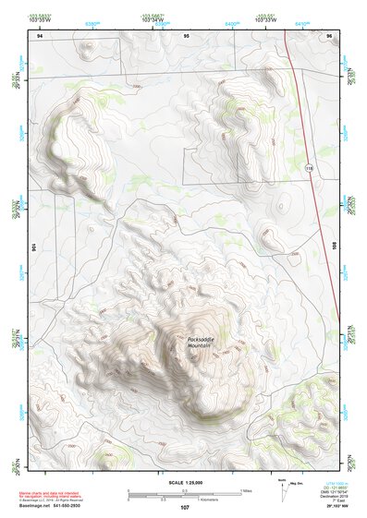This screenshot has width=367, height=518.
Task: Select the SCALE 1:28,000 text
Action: (x=184, y=484)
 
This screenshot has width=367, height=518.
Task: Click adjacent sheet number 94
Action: (x=40, y=34)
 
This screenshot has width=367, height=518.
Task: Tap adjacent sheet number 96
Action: (x=329, y=34)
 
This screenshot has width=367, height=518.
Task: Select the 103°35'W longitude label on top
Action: (x=40, y=20)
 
